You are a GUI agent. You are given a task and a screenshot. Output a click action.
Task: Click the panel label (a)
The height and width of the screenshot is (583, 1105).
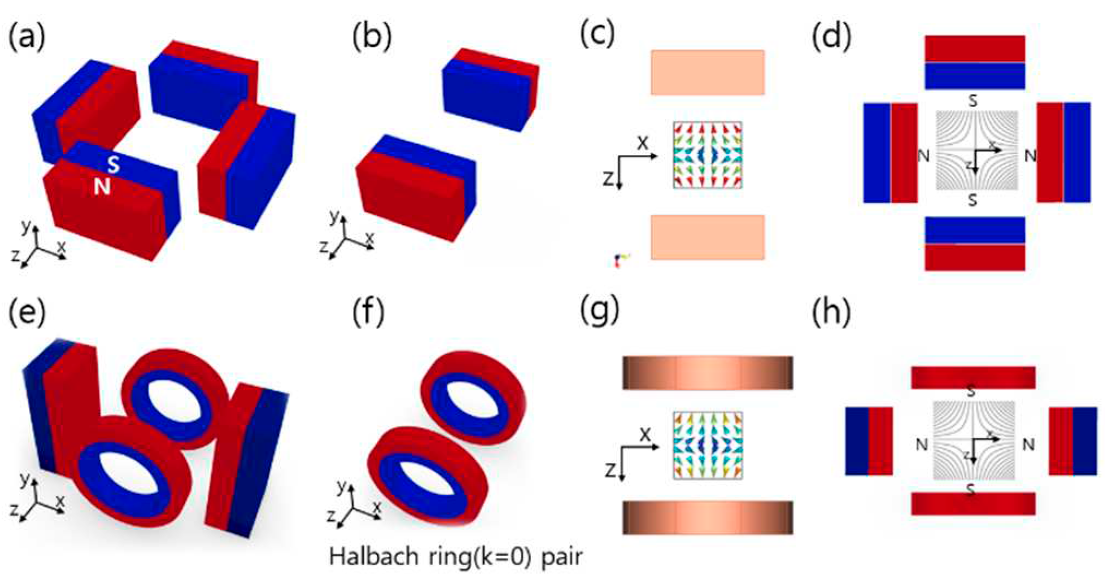point(27,37)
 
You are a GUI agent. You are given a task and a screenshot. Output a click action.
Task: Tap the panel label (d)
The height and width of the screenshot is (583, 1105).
point(831,37)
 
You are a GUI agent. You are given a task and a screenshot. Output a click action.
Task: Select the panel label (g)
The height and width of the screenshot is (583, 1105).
point(599,311)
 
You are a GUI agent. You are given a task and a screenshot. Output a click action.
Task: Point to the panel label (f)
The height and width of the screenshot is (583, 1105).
point(368,311)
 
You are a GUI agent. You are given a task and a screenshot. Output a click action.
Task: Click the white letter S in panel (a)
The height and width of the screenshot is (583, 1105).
point(113,164)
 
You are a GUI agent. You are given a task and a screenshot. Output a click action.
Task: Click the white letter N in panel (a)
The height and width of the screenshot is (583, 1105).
point(102,187)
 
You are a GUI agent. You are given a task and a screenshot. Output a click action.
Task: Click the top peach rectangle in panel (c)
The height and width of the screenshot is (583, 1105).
point(707,73)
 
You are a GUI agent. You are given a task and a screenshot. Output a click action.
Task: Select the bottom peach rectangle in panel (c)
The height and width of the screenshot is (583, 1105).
point(707,237)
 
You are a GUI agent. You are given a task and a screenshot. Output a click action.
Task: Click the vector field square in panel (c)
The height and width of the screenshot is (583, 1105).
point(707,155)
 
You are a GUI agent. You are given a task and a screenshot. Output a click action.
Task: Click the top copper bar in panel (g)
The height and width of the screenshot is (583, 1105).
point(707,373)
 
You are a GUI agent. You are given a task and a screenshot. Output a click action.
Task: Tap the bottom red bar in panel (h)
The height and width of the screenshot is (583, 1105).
point(973,503)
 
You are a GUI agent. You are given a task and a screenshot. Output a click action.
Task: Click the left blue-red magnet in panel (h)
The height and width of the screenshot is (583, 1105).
point(869,441)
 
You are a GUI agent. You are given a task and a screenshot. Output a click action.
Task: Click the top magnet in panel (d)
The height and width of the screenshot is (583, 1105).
point(975,62)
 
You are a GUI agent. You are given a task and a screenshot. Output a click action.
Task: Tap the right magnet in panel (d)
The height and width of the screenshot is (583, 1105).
point(1063,152)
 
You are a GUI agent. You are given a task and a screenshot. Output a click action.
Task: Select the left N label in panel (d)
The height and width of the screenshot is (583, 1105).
point(923,156)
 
